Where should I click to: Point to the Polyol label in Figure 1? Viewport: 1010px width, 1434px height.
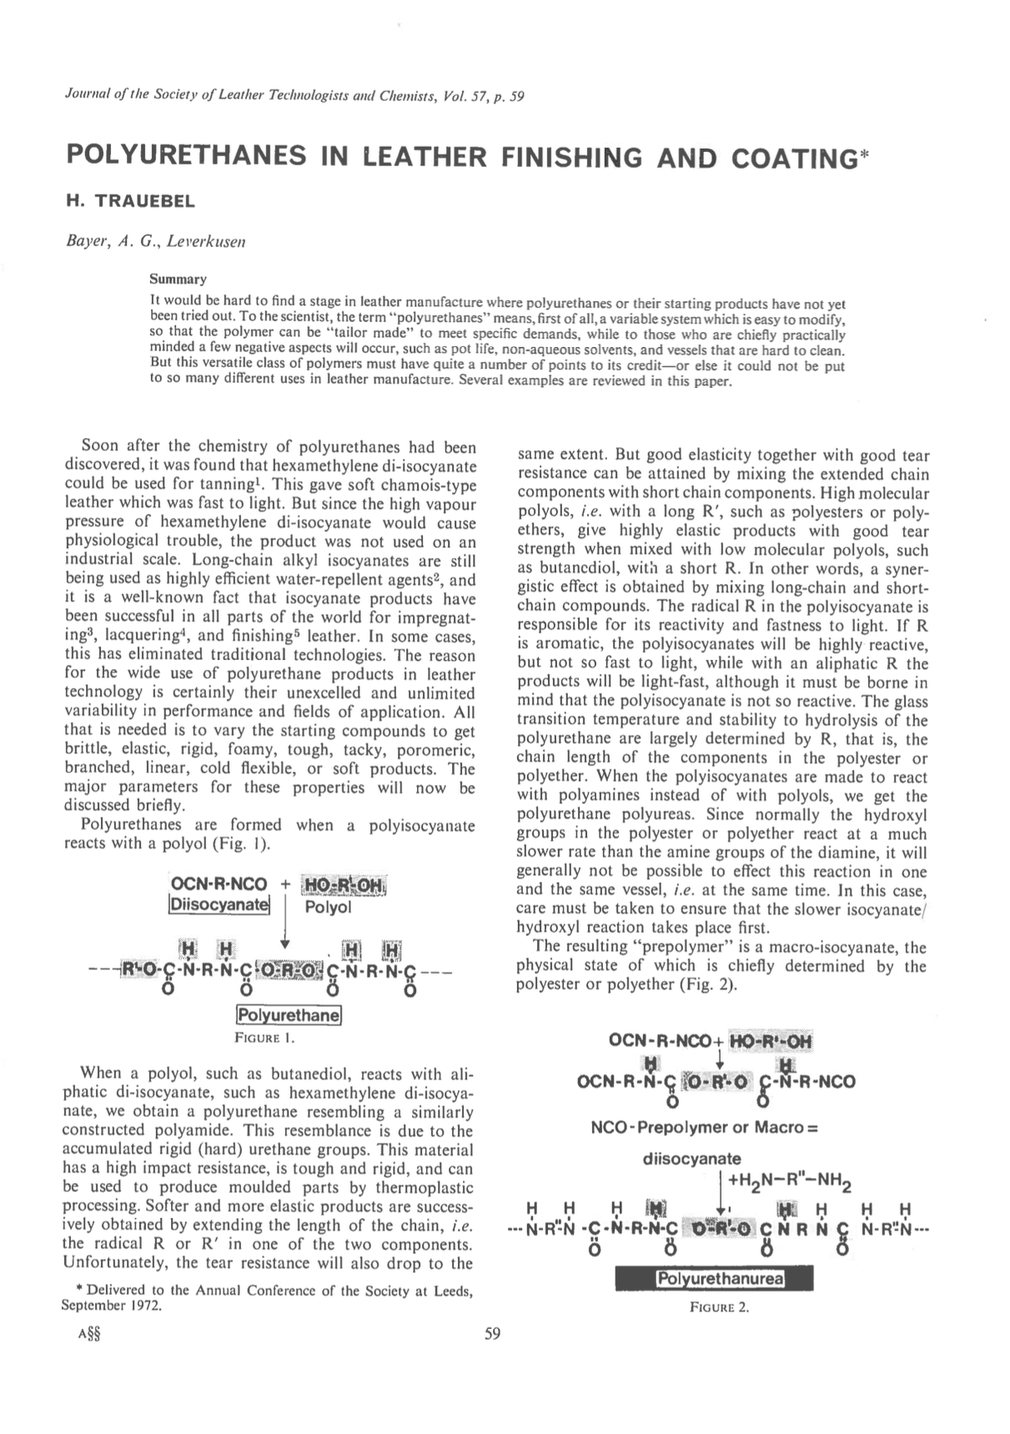point(328,906)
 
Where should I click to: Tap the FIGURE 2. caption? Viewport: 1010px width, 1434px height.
point(720,1307)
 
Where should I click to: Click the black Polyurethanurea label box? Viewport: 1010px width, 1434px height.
point(714,1280)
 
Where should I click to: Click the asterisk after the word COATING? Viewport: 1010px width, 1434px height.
point(862,154)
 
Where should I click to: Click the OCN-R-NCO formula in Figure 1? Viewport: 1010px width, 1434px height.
point(219,884)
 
